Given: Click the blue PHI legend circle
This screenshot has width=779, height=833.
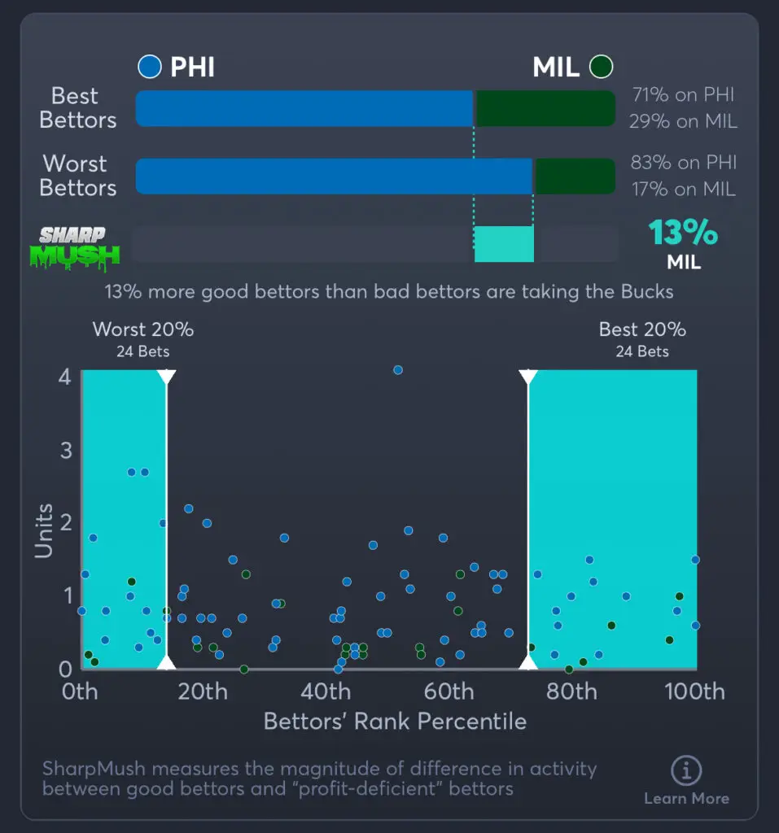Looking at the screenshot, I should point(150,67).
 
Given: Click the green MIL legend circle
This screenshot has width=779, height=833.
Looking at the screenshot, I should point(602,67).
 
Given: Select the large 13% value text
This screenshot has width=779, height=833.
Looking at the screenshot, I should point(683,233).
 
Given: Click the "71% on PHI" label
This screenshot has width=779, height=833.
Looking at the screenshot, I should point(683,95).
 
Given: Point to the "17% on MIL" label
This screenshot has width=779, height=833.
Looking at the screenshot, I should point(683,190).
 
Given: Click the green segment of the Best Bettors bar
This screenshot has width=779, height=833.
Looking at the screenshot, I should point(545,109).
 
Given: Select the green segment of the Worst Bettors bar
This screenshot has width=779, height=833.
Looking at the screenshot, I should point(574,177).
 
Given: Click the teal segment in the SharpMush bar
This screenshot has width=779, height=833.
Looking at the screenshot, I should point(504,244).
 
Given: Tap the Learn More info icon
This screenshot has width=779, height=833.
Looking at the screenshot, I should point(686,770).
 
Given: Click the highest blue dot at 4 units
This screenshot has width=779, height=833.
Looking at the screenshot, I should point(398,369).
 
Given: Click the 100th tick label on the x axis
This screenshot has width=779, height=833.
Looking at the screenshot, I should point(694,692).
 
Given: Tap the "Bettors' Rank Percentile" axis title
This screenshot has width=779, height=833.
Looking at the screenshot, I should point(395,722).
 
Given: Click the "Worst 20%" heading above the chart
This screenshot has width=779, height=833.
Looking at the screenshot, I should point(143,329).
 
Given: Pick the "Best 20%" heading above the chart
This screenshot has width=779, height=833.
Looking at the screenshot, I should point(642,329).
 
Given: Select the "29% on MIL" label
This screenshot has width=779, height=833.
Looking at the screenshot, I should point(683,122).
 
